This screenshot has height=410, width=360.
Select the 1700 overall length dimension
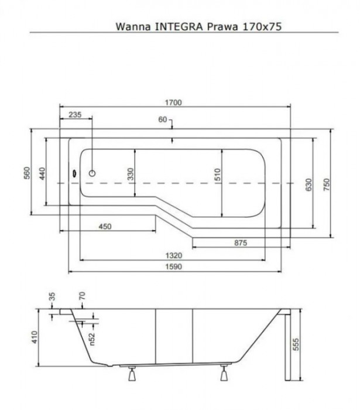[174, 102]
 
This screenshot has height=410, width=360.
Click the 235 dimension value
[75, 115]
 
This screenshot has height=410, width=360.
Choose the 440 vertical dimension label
[50, 174]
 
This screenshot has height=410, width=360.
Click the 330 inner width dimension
[131, 174]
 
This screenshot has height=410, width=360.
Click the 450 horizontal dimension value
[105, 227]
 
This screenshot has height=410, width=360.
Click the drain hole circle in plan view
[92, 173]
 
